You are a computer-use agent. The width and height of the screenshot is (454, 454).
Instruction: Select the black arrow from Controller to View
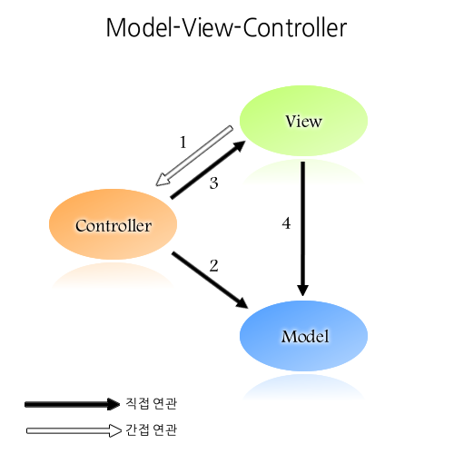pyautogui.click(x=208, y=171)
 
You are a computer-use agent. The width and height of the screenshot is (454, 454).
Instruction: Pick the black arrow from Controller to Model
pyautogui.click(x=210, y=279)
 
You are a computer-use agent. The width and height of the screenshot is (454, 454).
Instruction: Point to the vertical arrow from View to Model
pyautogui.click(x=302, y=227)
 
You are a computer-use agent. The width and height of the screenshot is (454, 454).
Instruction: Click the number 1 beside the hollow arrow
pyautogui.click(x=183, y=143)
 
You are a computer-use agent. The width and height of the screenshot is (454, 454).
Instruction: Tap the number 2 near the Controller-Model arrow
pyautogui.click(x=214, y=265)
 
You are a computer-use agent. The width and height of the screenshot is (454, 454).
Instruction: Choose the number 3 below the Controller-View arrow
pyautogui.click(x=214, y=184)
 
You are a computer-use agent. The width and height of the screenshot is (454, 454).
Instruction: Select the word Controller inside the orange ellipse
pyautogui.click(x=113, y=226)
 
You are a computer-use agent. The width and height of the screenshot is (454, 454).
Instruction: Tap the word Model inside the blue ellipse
pyautogui.click(x=303, y=336)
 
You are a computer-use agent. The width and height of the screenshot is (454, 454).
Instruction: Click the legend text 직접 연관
pyautogui.click(x=150, y=403)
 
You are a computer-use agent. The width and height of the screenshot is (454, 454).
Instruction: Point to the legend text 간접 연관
pyautogui.click(x=150, y=430)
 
